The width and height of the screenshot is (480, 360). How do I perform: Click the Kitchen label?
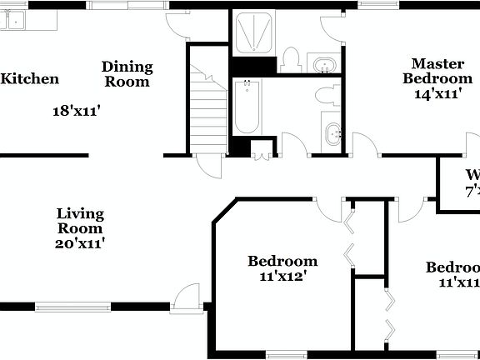30,79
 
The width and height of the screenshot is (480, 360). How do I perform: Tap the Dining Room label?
127,74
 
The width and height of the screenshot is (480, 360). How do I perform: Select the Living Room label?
80,221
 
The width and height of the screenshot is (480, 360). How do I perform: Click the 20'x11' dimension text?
80,243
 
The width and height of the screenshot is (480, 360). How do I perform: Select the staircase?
208,108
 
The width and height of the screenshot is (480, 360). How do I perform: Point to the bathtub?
247,107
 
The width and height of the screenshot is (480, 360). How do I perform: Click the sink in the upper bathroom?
322,63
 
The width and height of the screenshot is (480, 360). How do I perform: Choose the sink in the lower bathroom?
332,132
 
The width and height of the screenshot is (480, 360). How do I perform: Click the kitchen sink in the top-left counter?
15,21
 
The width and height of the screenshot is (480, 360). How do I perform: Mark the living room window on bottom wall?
72,306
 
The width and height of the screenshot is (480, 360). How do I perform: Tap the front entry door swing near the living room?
187,297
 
